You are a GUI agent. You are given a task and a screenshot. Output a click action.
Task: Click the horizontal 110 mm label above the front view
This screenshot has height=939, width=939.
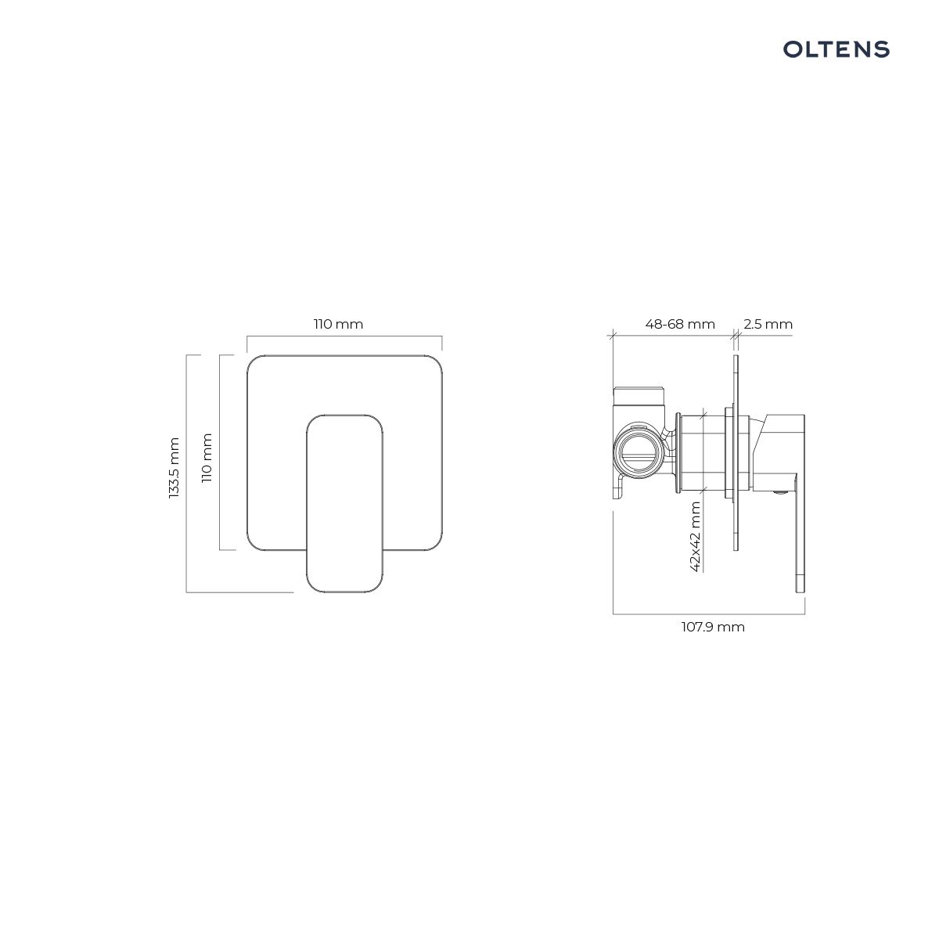point(338,324)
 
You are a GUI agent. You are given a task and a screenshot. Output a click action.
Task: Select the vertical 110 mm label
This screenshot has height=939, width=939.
point(207,458)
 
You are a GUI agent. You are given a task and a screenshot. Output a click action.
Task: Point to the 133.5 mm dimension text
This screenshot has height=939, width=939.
point(174,468)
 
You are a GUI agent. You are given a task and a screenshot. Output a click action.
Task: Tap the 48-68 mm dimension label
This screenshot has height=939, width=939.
point(680,324)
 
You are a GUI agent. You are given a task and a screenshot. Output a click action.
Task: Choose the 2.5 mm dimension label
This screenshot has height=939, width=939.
point(768,324)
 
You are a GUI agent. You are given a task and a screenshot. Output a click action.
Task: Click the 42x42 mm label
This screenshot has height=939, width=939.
point(696,537)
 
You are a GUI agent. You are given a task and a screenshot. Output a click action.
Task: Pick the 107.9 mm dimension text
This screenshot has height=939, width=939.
point(713,627)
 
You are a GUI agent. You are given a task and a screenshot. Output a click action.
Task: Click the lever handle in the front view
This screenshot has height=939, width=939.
point(344,503)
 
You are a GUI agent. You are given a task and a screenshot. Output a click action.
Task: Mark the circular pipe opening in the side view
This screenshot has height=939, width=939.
point(638,450)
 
